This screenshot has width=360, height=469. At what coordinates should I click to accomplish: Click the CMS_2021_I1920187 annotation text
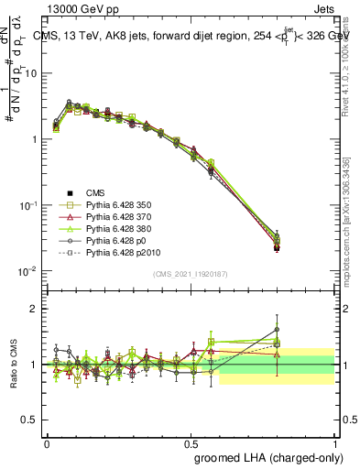(191, 274)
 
